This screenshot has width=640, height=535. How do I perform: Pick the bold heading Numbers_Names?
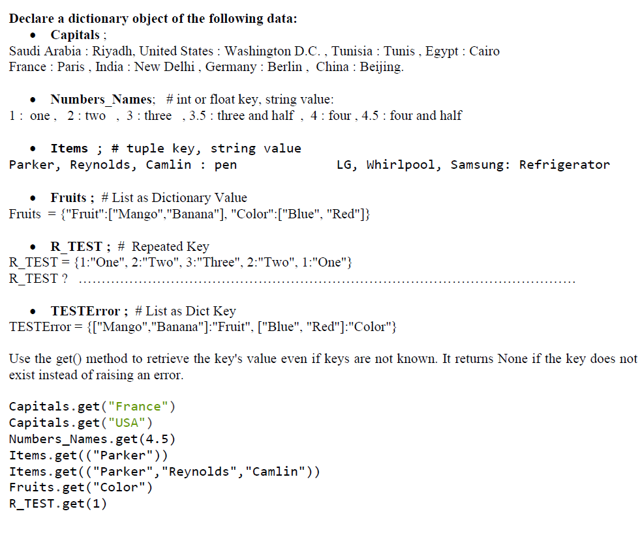pos(102,100)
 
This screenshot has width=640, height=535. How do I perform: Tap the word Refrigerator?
pos(564,165)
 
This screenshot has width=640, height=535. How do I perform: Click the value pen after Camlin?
pos(226,165)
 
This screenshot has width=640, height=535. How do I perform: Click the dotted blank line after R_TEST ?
pos(326,280)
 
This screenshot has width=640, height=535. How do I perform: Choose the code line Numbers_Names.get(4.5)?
pos(92,439)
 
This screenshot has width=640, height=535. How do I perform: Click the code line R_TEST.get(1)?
pos(58,504)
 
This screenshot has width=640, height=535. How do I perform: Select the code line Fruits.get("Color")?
pos(80,487)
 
